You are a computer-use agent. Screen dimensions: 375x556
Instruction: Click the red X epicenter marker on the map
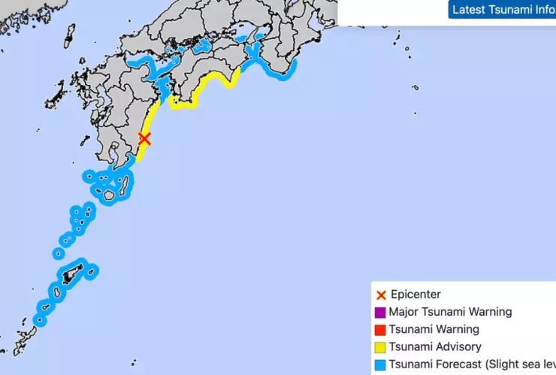click(x=145, y=138)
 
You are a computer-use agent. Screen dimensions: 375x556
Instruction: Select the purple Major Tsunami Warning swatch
click(x=380, y=312)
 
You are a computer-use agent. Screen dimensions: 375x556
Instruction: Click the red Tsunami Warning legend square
click(x=380, y=330)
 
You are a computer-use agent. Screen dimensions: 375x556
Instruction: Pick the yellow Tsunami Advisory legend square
click(x=380, y=348)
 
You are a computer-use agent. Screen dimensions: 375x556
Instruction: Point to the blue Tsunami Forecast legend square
click(x=380, y=366)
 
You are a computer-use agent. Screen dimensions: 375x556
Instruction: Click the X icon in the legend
click(x=380, y=295)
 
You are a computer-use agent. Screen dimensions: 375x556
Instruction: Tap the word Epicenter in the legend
click(x=415, y=295)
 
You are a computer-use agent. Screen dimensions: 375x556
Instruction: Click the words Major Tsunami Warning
click(x=450, y=312)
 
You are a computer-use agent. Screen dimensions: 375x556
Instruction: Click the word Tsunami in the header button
click(x=510, y=10)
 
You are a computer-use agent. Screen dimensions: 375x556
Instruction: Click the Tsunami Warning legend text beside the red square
click(x=434, y=330)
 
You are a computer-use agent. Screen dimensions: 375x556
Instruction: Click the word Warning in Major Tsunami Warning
click(x=489, y=312)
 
